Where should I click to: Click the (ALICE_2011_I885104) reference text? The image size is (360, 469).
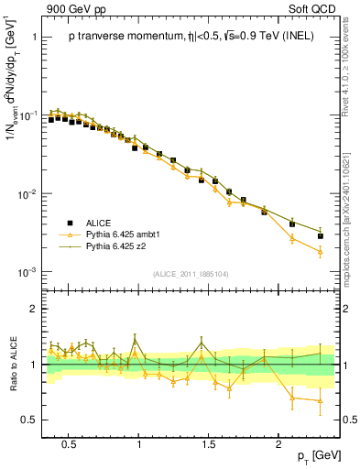pos(191,273)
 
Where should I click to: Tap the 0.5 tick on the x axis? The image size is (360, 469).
pos(68,442)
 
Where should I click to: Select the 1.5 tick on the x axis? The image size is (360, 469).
pos(209,442)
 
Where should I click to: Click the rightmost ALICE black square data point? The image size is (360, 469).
pos(321,235)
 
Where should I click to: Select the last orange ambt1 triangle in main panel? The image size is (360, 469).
pos(321,251)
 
